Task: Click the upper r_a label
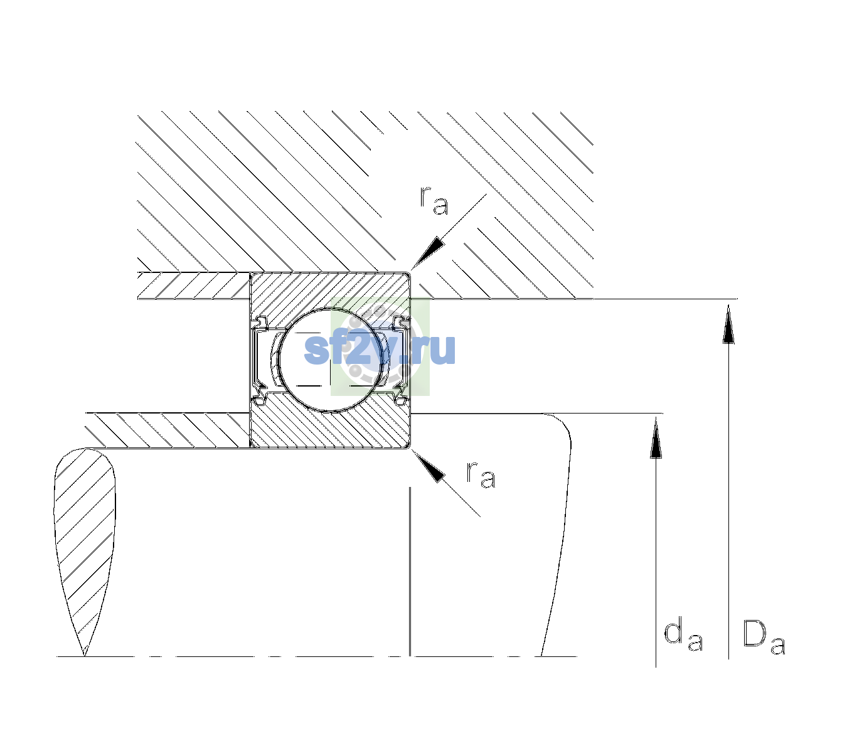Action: [434, 200]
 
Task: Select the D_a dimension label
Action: [764, 636]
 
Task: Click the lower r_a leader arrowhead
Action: [428, 466]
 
